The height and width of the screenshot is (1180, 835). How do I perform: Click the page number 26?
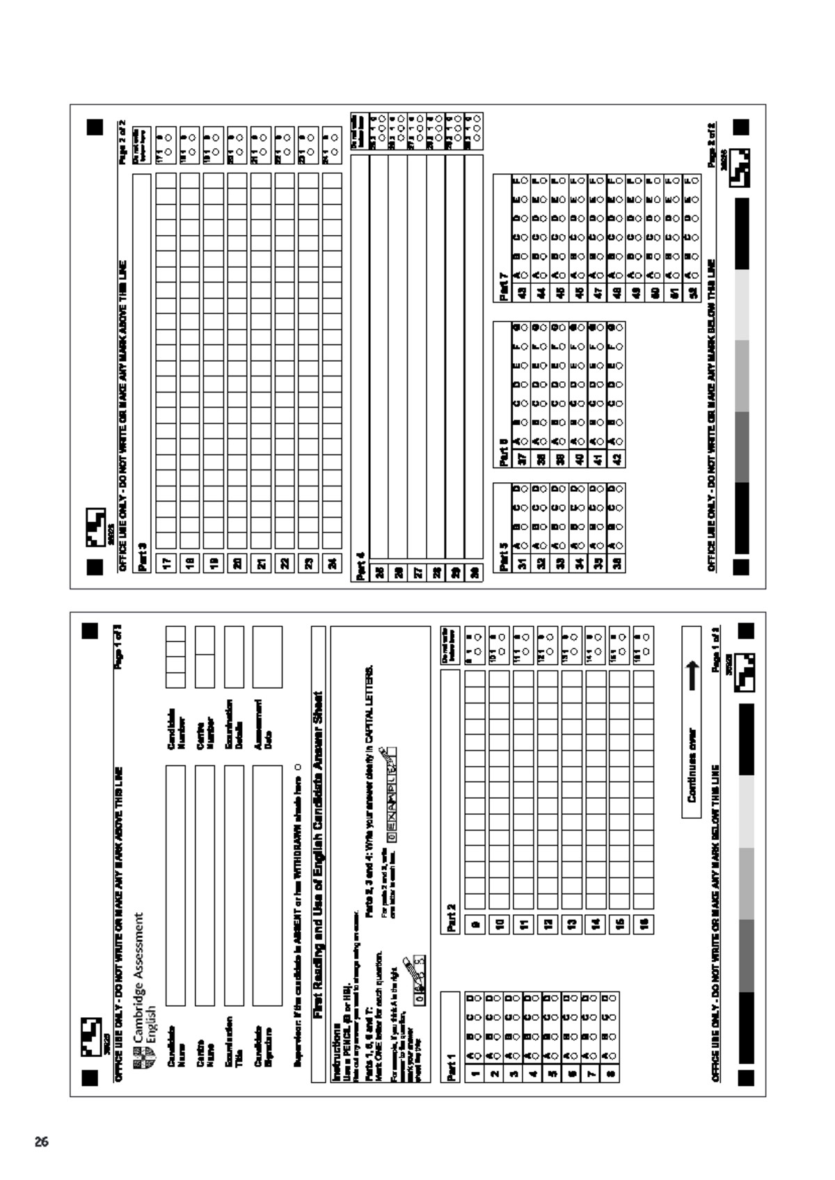[42, 1142]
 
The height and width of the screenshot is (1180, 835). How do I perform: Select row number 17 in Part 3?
[167, 561]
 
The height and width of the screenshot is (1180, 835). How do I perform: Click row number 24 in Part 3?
[333, 561]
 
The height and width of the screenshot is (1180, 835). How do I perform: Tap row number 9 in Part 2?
[476, 923]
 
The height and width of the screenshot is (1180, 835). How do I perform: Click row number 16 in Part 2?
[644, 923]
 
